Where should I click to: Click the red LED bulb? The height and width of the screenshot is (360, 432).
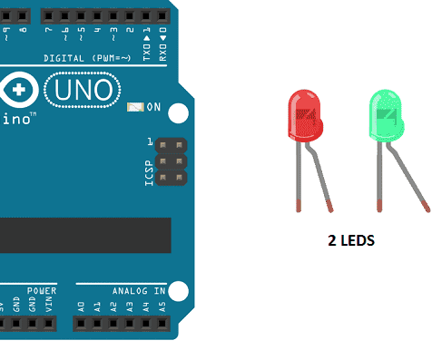(304, 115)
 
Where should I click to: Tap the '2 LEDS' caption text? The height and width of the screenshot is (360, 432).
(351, 242)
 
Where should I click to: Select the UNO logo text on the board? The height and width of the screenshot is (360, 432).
(84, 89)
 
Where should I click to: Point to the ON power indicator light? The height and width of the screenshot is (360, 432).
(135, 107)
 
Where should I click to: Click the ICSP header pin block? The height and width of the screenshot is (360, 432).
(170, 161)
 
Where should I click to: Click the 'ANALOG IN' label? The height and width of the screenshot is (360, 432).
(139, 291)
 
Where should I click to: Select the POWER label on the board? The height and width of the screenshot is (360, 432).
(42, 291)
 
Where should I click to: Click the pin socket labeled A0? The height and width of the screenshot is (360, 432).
(82, 323)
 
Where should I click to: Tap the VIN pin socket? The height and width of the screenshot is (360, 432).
(49, 323)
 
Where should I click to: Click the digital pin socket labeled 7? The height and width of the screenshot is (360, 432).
(48, 16)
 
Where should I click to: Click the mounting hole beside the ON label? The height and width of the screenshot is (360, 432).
(179, 113)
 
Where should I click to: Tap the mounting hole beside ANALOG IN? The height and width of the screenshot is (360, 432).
(179, 291)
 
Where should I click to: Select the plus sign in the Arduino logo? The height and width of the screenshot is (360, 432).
(21, 89)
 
